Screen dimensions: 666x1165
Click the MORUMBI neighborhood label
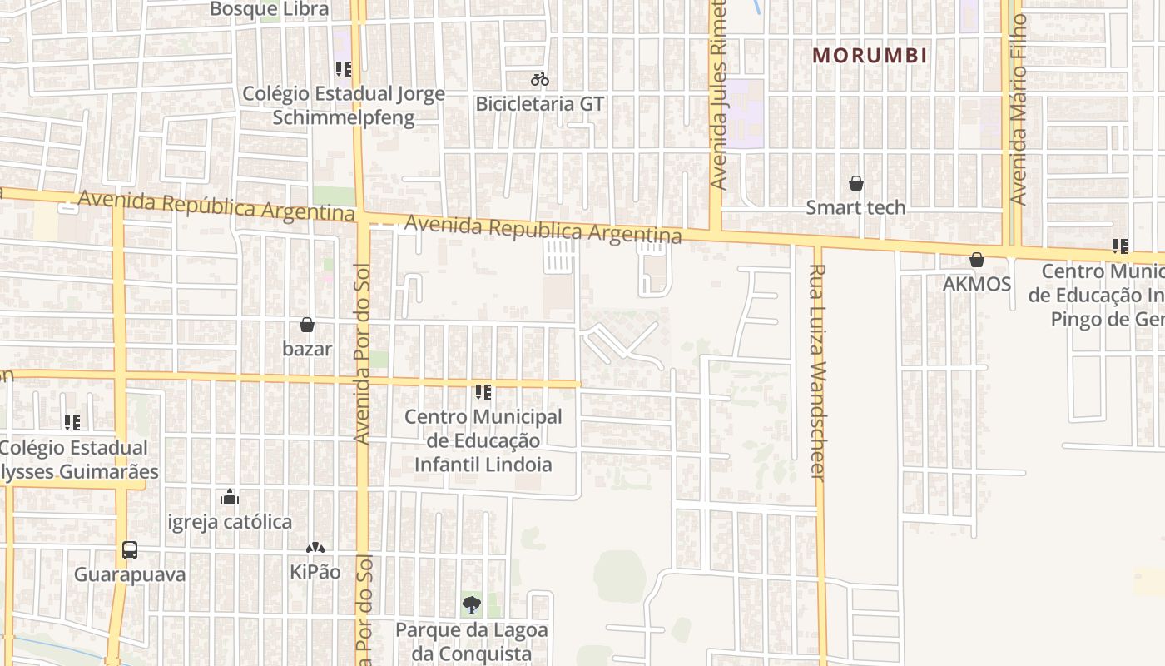point(870,56)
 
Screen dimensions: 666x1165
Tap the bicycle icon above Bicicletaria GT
point(540,80)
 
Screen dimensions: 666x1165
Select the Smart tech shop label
point(855,207)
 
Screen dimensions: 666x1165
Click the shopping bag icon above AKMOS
point(977,261)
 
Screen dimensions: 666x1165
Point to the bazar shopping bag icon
point(307,325)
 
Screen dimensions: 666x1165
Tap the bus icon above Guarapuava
point(130,550)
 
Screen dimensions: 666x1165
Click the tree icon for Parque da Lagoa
point(472,605)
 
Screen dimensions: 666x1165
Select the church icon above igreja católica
point(230,498)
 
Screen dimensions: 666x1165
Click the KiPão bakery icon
point(315,548)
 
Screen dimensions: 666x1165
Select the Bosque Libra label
point(270,9)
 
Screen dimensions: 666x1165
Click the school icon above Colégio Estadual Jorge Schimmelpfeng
point(344,69)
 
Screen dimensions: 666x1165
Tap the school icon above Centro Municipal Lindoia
point(483,392)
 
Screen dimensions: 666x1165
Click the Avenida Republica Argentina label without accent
point(543,230)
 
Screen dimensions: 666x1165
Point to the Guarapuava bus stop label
point(130,574)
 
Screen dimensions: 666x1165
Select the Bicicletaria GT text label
point(540,104)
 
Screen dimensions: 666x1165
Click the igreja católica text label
point(230,522)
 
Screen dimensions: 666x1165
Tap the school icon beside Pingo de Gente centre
point(1120,246)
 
